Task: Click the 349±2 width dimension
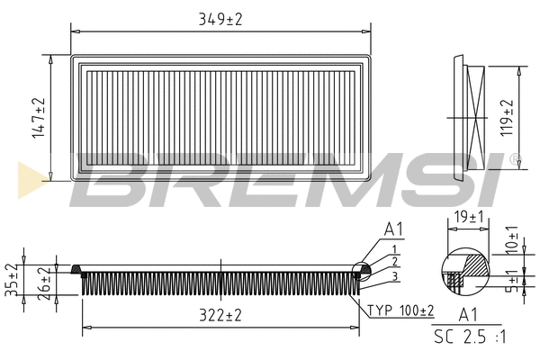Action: pos(221,18)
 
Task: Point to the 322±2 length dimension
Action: pos(220,315)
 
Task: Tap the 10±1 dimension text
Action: pos(510,238)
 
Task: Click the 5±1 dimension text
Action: pos(510,280)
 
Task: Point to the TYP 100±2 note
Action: pos(400,310)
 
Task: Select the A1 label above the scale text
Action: pos(468,315)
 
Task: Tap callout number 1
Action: pos(393,248)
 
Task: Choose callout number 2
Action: pos(393,261)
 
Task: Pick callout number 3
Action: pos(393,274)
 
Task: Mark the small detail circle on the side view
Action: pos(361,269)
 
